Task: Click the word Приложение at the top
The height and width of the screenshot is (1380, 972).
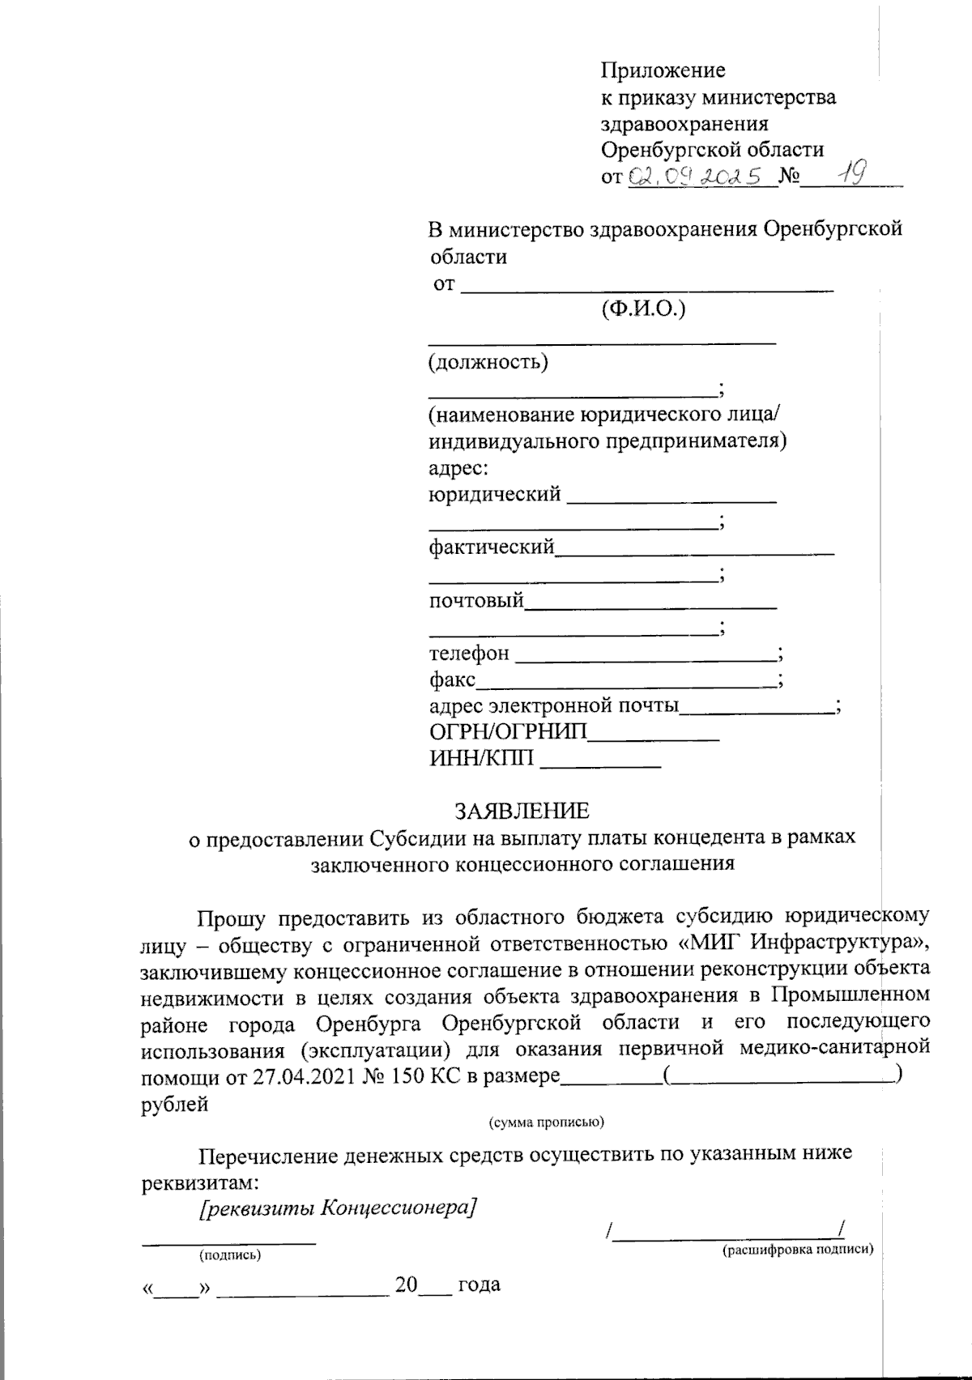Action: [663, 70]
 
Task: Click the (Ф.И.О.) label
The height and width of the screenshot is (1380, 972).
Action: [643, 309]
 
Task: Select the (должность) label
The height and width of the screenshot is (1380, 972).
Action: [488, 361]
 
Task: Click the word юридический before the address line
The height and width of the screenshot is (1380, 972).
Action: [494, 494]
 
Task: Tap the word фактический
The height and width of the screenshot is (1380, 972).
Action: [492, 547]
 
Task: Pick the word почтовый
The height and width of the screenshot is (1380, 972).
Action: [476, 601]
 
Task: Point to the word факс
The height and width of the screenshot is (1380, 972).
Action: [452, 680]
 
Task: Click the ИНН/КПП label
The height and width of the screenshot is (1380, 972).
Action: [481, 759]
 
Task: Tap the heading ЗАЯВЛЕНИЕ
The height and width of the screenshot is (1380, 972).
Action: [522, 811]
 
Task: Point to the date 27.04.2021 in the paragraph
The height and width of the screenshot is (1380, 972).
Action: [294, 1076]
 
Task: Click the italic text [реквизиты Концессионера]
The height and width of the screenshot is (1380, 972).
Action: [336, 1208]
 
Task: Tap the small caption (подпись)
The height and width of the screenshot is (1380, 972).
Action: [230, 1256]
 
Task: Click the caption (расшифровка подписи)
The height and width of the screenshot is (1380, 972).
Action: [797, 1250]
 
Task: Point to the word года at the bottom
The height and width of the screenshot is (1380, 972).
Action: [479, 1284]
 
